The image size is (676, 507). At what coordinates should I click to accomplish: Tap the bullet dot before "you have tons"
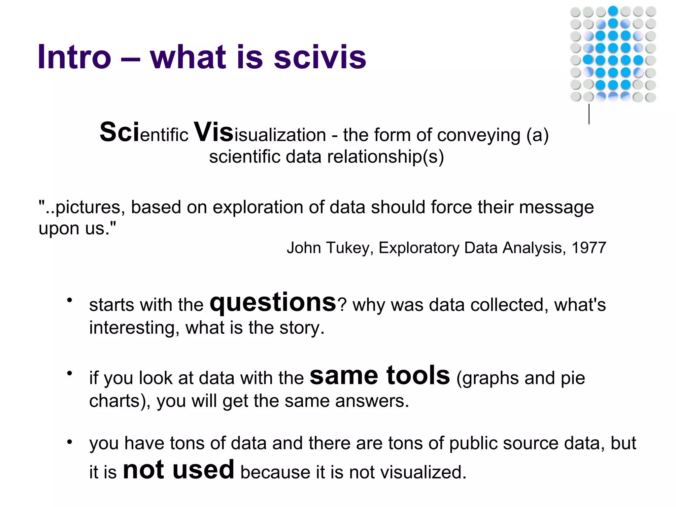[69, 442]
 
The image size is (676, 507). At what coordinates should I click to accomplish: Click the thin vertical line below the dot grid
[589, 114]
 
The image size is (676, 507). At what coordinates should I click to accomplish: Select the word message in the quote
[556, 208]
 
